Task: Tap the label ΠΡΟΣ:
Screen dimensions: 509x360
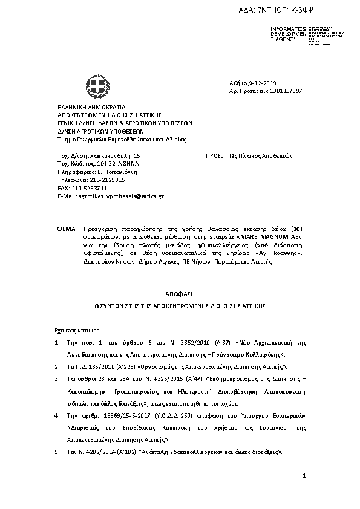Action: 214,155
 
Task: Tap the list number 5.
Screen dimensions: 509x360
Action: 57,452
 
